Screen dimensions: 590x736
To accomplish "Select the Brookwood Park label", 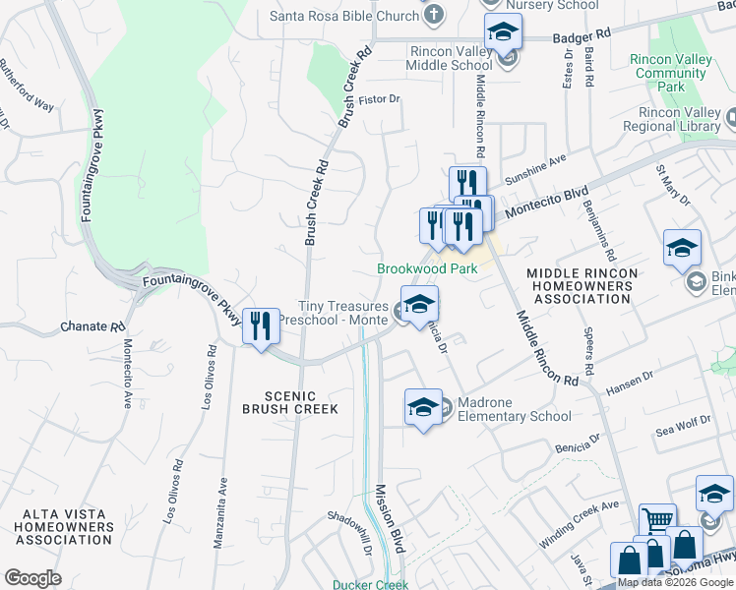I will tap(427, 268).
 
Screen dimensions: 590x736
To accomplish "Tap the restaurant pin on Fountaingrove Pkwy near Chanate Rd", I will tap(260, 326).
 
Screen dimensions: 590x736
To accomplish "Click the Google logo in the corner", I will tap(32, 578).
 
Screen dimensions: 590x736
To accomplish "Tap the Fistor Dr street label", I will tap(381, 98).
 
